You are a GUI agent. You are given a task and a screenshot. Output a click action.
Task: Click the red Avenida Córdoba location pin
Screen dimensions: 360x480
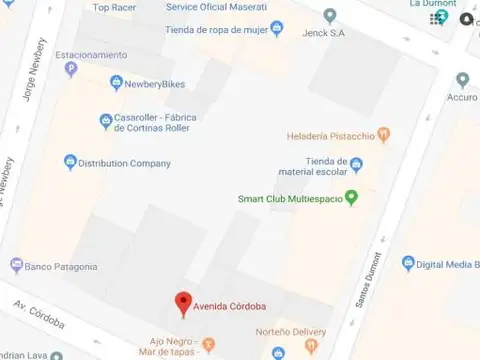(x=183, y=302)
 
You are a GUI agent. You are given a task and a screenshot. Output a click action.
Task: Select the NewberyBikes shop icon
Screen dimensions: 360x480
(x=118, y=83)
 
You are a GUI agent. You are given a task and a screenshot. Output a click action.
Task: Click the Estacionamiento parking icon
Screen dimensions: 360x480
(x=70, y=69)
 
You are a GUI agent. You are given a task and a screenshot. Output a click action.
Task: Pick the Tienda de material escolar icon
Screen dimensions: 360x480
(x=355, y=166)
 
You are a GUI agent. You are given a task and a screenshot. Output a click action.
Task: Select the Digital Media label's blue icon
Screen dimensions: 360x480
(x=407, y=264)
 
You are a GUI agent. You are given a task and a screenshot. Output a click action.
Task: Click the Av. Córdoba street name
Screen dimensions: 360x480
(x=40, y=313)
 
